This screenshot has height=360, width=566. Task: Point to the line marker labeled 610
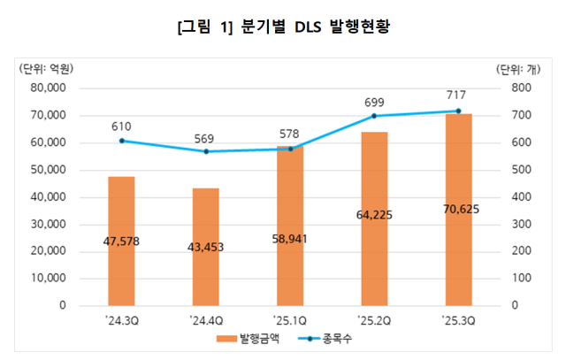click(x=121, y=141)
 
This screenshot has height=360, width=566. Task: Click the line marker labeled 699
click(x=374, y=116)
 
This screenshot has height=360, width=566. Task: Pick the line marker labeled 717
click(x=458, y=111)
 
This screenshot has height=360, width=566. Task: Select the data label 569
click(x=206, y=138)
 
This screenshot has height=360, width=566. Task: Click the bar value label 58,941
click(x=290, y=239)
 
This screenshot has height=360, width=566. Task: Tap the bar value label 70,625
click(x=458, y=211)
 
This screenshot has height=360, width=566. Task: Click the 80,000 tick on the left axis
click(x=49, y=88)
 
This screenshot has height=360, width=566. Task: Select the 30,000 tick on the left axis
click(x=49, y=224)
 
